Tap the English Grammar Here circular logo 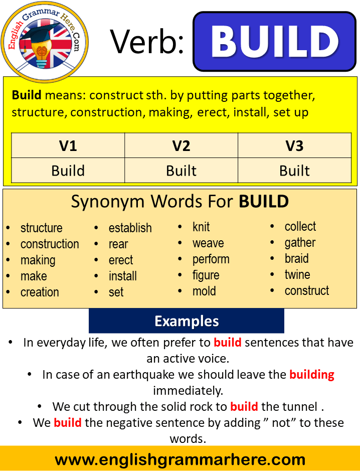coord(43,41)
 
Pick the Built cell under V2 coord(181,171)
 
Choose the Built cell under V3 coord(294,171)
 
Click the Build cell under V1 coord(68,171)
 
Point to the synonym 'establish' coord(130,228)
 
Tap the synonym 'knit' coord(201,227)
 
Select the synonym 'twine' coord(297,275)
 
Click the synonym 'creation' coord(40,292)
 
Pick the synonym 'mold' coord(204,291)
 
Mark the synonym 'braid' coord(296,259)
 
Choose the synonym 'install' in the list coord(122,276)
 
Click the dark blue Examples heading coord(187,321)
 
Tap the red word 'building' coord(311,375)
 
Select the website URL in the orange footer coord(180,459)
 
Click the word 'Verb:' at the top coord(147,42)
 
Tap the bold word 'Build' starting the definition coord(26,95)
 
